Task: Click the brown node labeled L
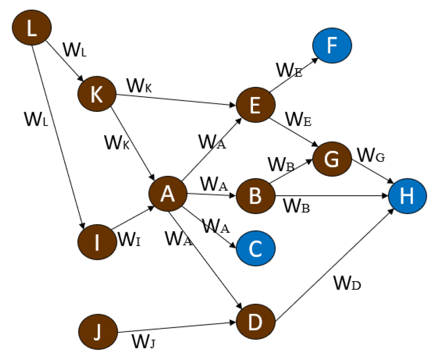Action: coord(32,27)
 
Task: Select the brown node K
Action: coord(97,94)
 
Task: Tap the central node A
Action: coord(168,194)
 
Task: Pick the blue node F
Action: coord(332,46)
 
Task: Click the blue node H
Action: coord(407,196)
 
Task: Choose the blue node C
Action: coord(256,248)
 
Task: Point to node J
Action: coord(98,332)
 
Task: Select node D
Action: coord(255,322)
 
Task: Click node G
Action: coord(332,159)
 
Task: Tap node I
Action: coord(97,242)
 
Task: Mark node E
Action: coord(255,105)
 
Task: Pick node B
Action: coord(255,196)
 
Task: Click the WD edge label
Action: coord(347,283)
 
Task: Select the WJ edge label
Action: coord(143,341)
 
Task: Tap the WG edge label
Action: coord(370,155)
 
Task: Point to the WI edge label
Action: coord(129,239)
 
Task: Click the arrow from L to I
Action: coord(58,136)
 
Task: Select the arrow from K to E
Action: coord(176,99)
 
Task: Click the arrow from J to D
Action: coord(177,327)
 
